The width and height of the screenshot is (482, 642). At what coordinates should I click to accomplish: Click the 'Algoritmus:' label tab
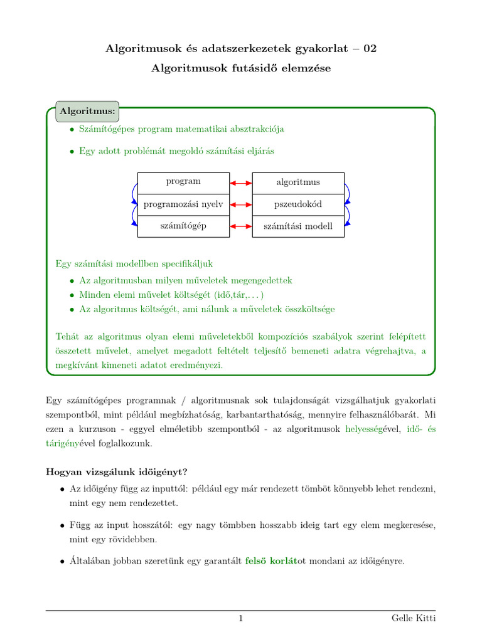[87, 112]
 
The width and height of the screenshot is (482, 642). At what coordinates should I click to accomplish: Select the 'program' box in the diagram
[183, 182]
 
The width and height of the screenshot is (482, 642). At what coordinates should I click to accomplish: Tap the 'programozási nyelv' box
[183, 204]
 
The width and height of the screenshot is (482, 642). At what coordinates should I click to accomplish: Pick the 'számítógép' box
[183, 226]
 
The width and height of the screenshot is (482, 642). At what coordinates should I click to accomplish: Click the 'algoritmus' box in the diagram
[298, 182]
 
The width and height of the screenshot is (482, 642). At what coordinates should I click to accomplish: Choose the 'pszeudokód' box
[298, 204]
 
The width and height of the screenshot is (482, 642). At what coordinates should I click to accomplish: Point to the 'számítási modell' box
[298, 226]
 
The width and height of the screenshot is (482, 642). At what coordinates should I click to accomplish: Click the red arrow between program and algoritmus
[241, 183]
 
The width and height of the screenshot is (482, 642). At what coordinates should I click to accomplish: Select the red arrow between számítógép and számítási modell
[241, 226]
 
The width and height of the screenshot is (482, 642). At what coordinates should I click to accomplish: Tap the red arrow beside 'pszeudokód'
[241, 204]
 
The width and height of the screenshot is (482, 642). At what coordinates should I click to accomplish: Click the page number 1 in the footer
[240, 619]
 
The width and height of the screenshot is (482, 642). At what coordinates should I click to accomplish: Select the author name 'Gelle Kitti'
[412, 619]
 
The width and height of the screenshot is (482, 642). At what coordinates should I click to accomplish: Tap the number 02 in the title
[370, 49]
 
